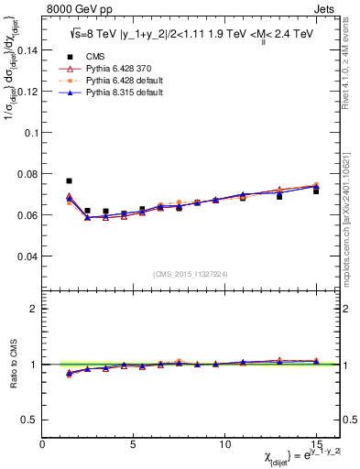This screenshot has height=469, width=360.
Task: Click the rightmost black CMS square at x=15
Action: point(316,191)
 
